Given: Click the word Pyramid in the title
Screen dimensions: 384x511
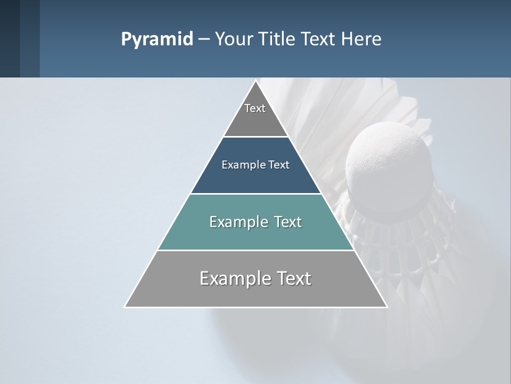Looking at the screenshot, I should [x=157, y=39].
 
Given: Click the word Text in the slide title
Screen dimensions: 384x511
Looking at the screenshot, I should [x=317, y=39].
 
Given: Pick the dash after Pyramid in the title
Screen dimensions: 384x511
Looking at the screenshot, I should [x=203, y=39].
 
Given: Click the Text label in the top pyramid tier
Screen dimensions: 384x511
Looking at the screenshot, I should [x=255, y=108].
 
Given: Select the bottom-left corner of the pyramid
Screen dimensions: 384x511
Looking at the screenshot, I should [x=125, y=307].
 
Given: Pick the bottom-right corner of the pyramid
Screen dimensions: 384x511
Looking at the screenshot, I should [x=387, y=307].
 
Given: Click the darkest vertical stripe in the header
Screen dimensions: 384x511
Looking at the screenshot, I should [x=10, y=38].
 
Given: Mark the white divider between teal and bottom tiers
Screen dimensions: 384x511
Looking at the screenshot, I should [x=256, y=250].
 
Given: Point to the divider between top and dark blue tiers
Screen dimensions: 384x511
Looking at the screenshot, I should [x=256, y=137].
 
